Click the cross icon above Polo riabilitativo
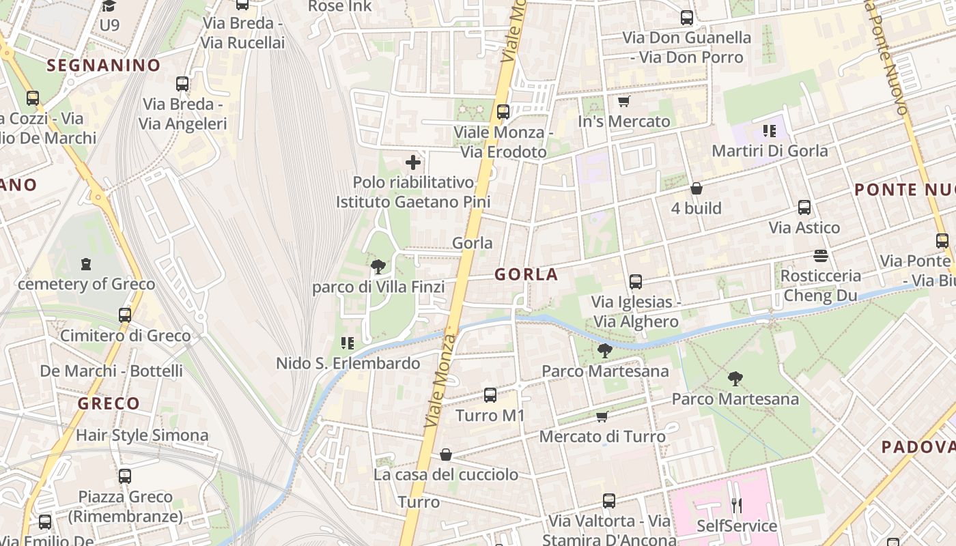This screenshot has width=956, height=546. coord(413,162)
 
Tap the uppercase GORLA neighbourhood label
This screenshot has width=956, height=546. coord(526,275)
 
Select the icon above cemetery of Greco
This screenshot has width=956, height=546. coord(86,263)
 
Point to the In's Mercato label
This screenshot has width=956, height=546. coord(624,121)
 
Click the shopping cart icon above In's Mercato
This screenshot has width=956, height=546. coord(623,102)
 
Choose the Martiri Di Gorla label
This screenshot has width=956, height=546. coord(770,151)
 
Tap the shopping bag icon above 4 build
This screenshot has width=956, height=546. coord(697,188)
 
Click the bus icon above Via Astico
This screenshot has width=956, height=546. coord(804,207)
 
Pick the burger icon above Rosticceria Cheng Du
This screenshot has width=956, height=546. coord(821,256)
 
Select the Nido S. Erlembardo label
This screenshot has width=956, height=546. coord(348,363)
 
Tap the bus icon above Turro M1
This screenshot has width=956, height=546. coord(490,395)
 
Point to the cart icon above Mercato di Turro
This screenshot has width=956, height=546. coord(602,416)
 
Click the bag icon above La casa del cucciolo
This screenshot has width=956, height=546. coord(446,455)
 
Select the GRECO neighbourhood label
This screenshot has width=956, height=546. coord(109,403)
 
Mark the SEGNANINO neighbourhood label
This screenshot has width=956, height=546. coord(104,66)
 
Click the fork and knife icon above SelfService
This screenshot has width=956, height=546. coord(736,506)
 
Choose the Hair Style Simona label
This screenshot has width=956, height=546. coord(142,435)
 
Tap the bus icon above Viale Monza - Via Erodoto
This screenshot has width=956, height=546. coord(503,112)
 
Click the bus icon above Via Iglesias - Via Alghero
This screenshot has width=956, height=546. coord(636,281)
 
